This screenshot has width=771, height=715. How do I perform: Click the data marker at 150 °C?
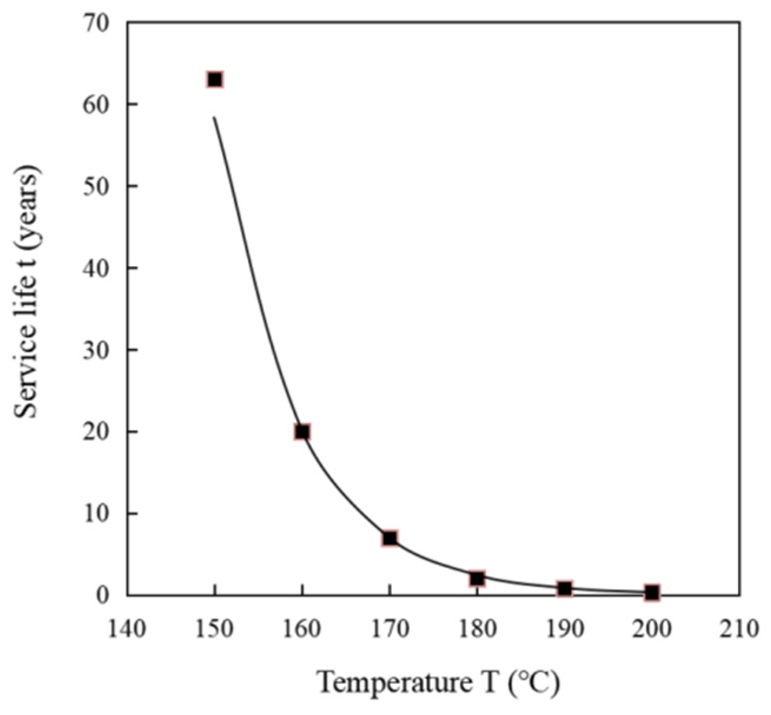pyautogui.click(x=215, y=80)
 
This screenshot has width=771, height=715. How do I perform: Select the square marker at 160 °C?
pyautogui.click(x=303, y=432)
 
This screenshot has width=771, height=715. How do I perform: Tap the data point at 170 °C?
pyautogui.click(x=390, y=538)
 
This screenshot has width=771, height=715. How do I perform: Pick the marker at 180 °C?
pyautogui.click(x=477, y=578)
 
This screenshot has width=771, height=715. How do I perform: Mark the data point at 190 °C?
pyautogui.click(x=565, y=588)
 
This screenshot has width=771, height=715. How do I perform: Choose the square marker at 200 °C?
pyautogui.click(x=652, y=592)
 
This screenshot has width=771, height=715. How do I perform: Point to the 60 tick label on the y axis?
pyautogui.click(x=98, y=105)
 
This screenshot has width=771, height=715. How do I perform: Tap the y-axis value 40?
pyautogui.click(x=98, y=269)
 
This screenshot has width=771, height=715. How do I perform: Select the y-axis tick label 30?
pyautogui.click(x=98, y=350)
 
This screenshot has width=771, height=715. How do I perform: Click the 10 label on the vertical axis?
pyautogui.click(x=98, y=514)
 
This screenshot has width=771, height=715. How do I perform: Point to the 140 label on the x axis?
pyautogui.click(x=127, y=629)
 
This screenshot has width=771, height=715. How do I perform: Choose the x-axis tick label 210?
pyautogui.click(x=740, y=629)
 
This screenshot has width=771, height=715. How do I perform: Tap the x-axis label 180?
pyautogui.click(x=477, y=629)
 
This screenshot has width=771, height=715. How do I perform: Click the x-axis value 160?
pyautogui.click(x=303, y=629)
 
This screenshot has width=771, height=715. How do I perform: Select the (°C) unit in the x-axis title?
pyautogui.click(x=533, y=683)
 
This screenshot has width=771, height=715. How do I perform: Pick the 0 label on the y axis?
pyautogui.click(x=105, y=596)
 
